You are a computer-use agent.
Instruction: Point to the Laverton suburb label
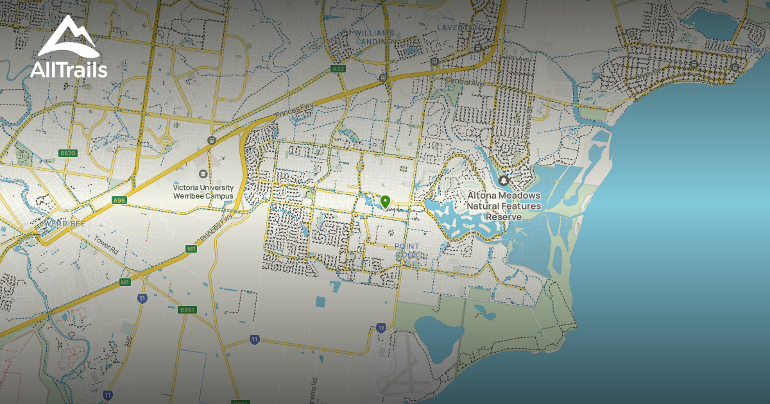[x=458, y=28]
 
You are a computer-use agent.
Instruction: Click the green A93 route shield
[x=338, y=69]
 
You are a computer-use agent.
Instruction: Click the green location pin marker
[x=385, y=202]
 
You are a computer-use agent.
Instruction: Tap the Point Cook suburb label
[x=407, y=250]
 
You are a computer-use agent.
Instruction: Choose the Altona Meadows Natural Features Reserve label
[x=504, y=206]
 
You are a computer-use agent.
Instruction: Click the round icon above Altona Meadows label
[x=504, y=181]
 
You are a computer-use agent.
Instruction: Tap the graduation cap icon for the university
[x=203, y=173]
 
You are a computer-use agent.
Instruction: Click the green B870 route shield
[x=67, y=153]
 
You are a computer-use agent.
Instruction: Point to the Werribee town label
[x=65, y=224]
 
